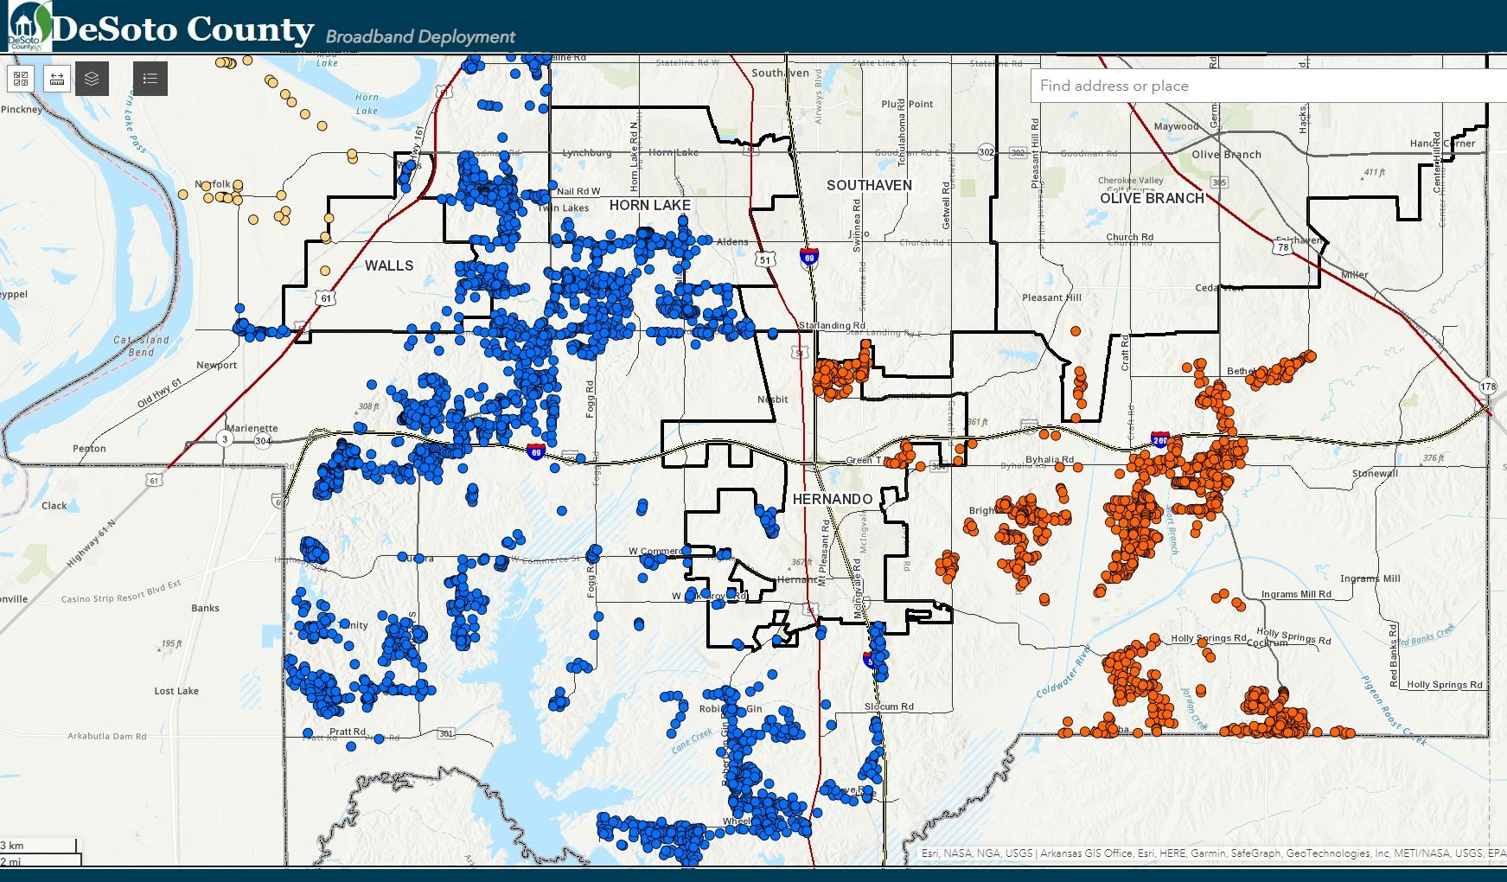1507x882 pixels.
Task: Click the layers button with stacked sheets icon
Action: point(92,79)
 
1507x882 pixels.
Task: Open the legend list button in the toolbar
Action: point(150,79)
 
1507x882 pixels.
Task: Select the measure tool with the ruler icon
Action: point(57,79)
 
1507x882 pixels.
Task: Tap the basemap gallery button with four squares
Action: point(22,79)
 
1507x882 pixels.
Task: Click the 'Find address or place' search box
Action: point(1262,86)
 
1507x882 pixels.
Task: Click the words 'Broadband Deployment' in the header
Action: point(420,36)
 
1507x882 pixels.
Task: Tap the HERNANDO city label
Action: point(832,499)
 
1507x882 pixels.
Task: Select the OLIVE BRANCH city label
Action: point(1152,198)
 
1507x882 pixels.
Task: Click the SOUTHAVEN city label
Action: point(869,185)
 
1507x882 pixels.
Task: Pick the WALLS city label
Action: point(389,265)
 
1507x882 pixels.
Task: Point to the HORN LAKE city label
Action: point(649,205)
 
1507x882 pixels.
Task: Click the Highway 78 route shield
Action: point(1283,247)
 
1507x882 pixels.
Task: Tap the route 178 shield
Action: point(1487,387)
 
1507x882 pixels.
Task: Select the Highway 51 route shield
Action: point(764,259)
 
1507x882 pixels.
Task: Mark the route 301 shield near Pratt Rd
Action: point(446,733)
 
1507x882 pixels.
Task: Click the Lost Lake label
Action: point(176,691)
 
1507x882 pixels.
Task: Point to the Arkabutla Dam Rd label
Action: point(107,736)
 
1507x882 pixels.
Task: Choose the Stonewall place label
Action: point(1375,473)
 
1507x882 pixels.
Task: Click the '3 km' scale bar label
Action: point(13,845)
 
